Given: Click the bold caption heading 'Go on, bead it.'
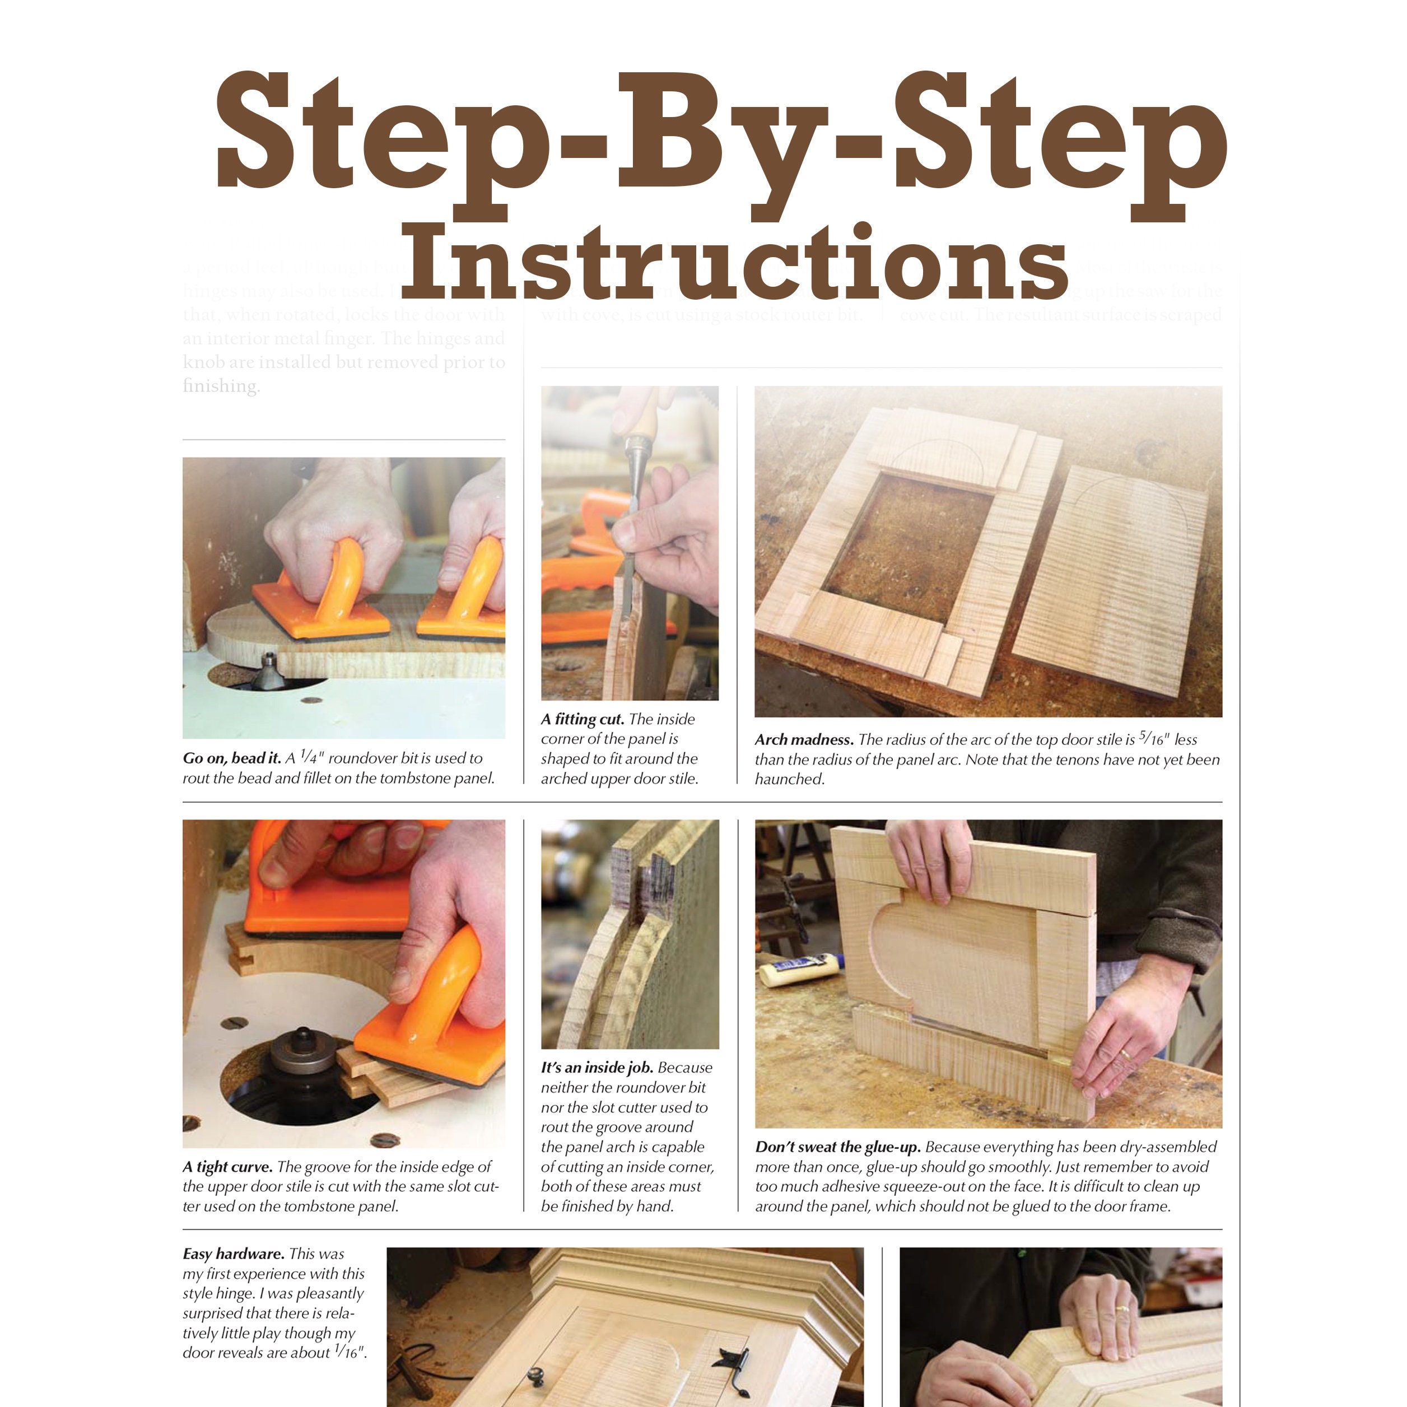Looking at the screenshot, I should click(231, 758).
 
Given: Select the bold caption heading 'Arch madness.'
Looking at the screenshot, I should click(804, 740).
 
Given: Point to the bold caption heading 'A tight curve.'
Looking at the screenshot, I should click(227, 1167).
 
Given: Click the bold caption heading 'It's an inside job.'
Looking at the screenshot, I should click(597, 1068).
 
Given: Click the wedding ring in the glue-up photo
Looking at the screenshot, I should click(1125, 1054).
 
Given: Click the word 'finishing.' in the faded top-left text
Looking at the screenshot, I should click(221, 386).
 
